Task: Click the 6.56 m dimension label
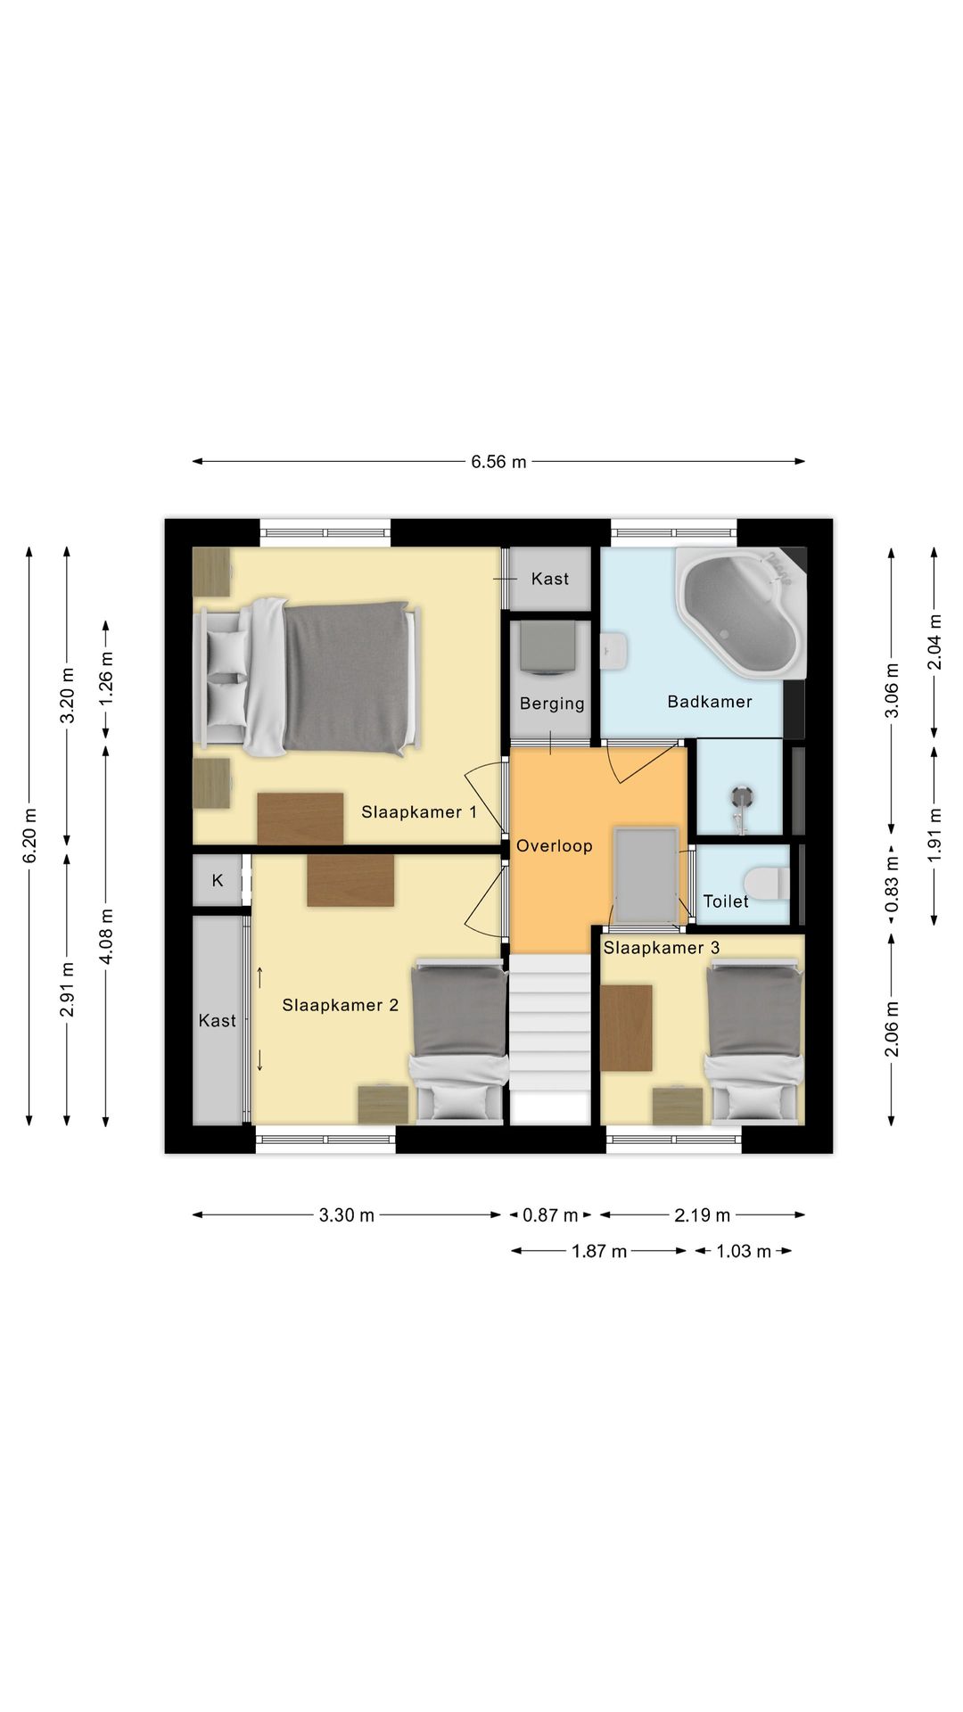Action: [x=498, y=462]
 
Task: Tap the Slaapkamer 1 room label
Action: [x=419, y=812]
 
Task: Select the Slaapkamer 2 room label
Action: [x=340, y=1006]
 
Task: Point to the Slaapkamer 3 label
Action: [x=662, y=948]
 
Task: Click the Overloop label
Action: [x=555, y=846]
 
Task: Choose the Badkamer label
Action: [x=710, y=702]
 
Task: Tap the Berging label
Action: [x=552, y=704]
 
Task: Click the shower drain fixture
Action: [x=742, y=795]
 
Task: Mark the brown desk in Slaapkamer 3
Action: [x=626, y=1027]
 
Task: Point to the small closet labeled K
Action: [x=218, y=881]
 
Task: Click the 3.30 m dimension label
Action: [x=347, y=1215]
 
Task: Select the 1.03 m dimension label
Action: [x=744, y=1252]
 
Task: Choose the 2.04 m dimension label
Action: [x=934, y=642]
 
